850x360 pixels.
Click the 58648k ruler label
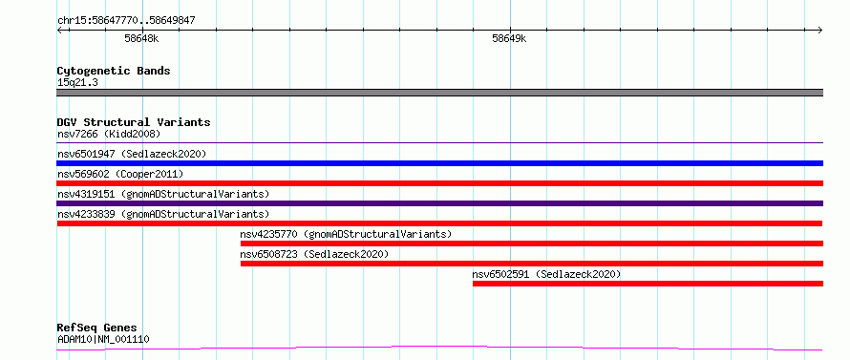point(141,39)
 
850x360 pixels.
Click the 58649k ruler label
point(509,39)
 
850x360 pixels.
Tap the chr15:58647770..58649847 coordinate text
point(126,21)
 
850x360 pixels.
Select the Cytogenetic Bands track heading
point(114,71)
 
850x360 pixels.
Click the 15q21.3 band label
point(77,83)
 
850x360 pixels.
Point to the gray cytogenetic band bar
point(440,93)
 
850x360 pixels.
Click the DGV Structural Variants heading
point(134,122)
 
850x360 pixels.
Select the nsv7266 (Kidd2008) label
point(109,134)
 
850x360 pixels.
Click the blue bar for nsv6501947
point(440,163)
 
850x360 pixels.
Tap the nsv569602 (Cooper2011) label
point(120,174)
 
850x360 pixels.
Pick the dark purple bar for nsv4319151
point(440,203)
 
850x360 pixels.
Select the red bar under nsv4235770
point(532,244)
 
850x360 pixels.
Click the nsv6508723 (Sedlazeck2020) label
point(314,254)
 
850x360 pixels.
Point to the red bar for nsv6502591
point(648,284)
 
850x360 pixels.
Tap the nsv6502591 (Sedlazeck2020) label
point(546,274)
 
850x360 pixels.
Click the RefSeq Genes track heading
point(97,328)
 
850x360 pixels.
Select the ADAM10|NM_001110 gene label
point(103,340)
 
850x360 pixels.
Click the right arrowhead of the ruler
point(821,30)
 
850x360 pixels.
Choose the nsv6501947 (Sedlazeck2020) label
point(132,154)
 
